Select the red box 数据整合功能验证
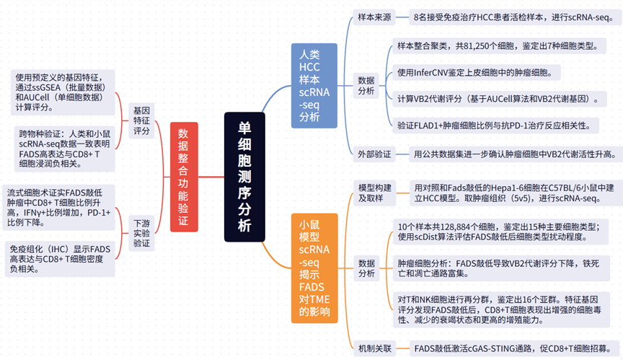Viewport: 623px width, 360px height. click(182, 177)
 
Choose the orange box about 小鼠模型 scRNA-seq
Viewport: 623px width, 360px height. click(314, 265)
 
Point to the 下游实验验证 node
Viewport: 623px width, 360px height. click(141, 233)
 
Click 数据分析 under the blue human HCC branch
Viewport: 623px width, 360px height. click(366, 86)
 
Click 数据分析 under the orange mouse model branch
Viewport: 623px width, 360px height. click(366, 268)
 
